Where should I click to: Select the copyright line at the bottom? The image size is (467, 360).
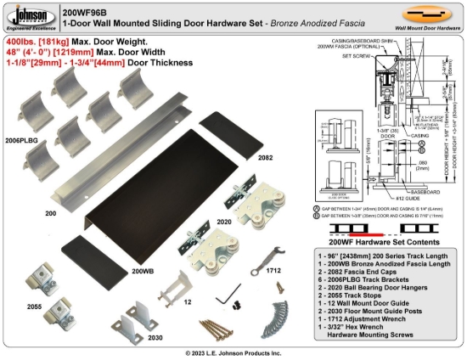pos(233,352)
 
